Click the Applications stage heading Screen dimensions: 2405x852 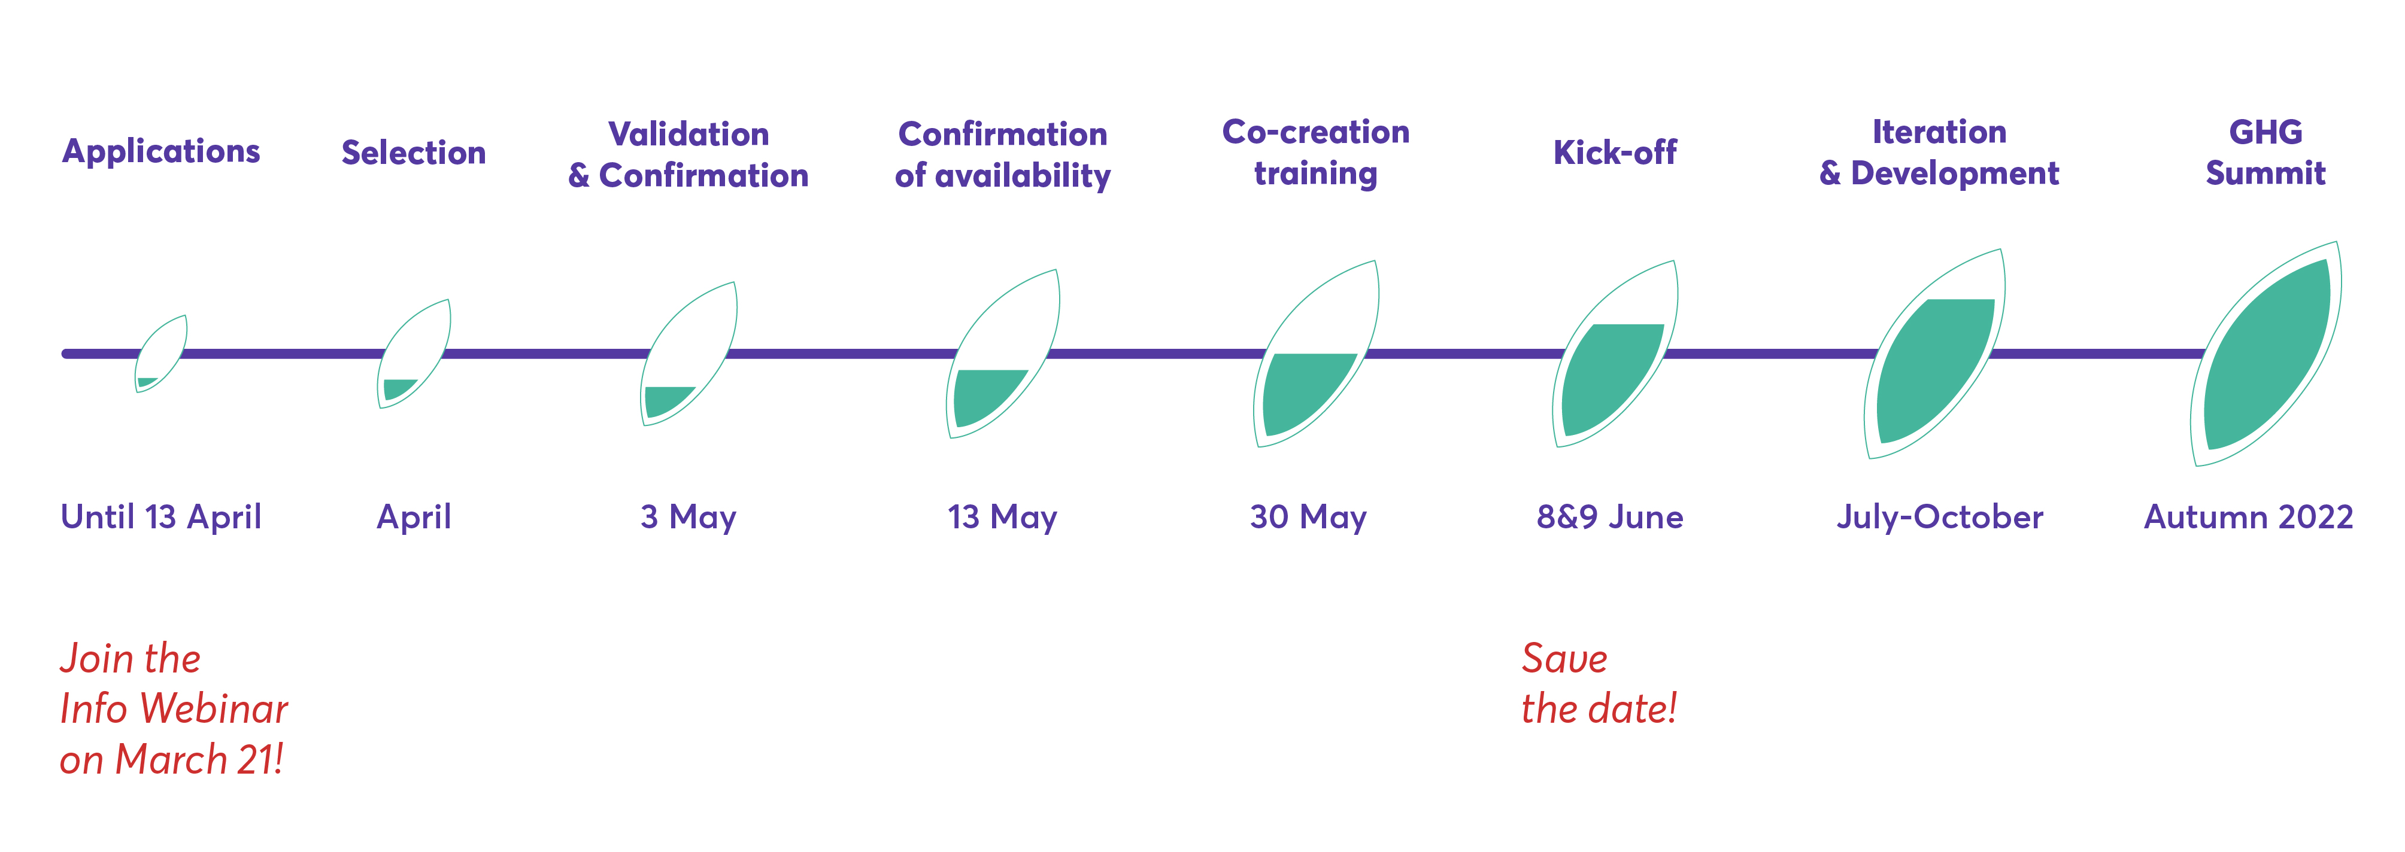click(x=160, y=152)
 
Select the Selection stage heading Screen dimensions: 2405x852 click(x=414, y=152)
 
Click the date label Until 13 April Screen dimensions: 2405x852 click(x=160, y=517)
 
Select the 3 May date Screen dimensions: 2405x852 click(x=688, y=517)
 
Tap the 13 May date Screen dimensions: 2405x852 click(x=1002, y=517)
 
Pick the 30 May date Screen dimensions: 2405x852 click(x=1308, y=517)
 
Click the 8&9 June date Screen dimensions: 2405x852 click(x=1609, y=517)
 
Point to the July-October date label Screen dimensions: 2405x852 click(x=1939, y=517)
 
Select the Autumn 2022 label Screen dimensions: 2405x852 click(x=2248, y=517)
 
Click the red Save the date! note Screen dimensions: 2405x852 click(x=1599, y=683)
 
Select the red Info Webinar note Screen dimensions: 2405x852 click(x=174, y=709)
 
